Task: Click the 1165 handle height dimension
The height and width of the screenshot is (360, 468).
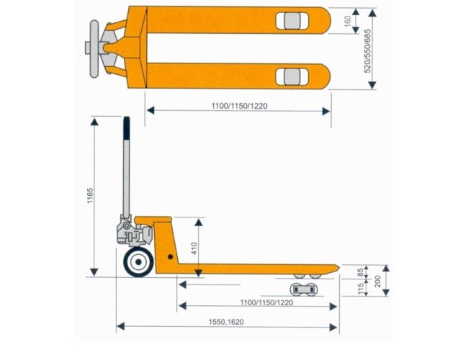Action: tap(90, 197)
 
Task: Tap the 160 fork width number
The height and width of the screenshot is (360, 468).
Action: tap(347, 22)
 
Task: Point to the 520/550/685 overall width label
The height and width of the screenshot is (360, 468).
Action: tap(367, 50)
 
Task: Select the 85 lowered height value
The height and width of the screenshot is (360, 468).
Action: tap(361, 271)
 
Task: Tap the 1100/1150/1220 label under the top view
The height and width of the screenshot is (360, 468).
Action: tap(241, 106)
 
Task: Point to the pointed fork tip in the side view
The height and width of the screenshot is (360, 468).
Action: tap(335, 268)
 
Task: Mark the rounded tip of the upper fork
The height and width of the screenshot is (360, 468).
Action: tap(325, 22)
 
